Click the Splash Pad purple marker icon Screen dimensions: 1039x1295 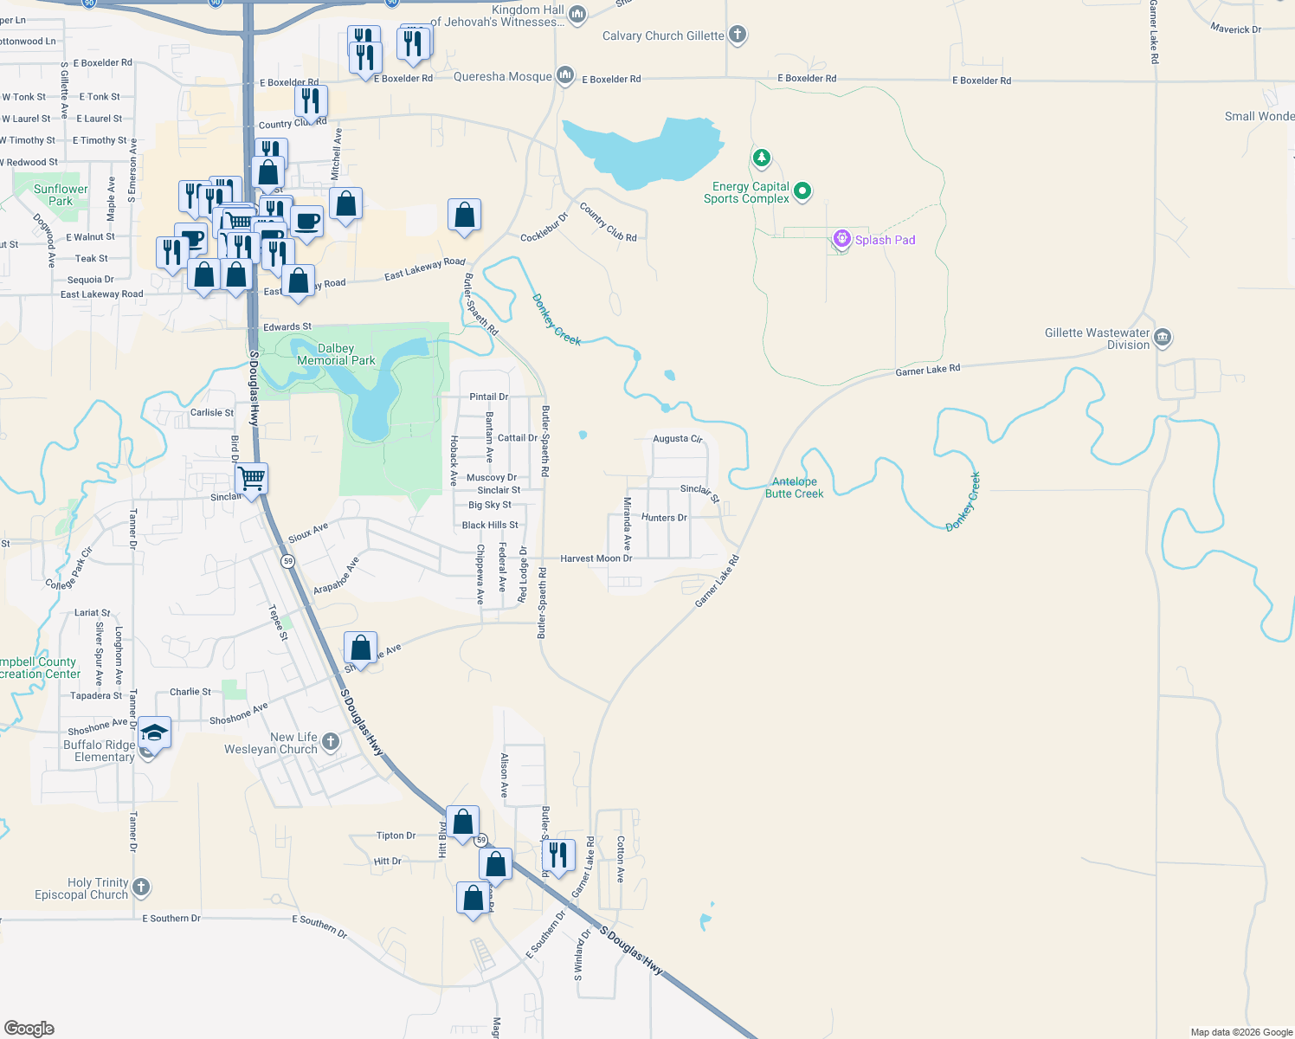[x=841, y=239]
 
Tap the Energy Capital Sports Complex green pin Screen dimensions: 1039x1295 [x=802, y=190]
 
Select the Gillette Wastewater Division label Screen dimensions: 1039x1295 [x=1098, y=339]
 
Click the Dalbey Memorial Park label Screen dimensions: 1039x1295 [x=336, y=354]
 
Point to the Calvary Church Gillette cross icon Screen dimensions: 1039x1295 [x=738, y=35]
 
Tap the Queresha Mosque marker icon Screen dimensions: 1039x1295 [x=565, y=76]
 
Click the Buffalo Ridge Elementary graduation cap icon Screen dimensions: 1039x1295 [x=154, y=732]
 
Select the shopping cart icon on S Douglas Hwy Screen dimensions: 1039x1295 [x=252, y=478]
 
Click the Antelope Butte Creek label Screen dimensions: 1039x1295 [x=794, y=487]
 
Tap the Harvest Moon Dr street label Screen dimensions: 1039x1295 [x=596, y=558]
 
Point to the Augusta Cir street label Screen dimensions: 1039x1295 [x=678, y=439]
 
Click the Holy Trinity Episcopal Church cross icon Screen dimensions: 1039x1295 [x=141, y=887]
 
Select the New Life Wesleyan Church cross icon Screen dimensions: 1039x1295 [x=331, y=742]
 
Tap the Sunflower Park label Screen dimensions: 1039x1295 [x=61, y=195]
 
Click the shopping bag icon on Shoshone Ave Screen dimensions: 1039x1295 [x=361, y=648]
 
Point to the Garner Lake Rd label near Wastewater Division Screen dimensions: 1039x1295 [x=927, y=371]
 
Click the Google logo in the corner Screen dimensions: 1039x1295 [x=29, y=1029]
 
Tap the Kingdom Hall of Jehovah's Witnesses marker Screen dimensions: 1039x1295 [x=577, y=14]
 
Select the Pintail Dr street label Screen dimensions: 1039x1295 [x=488, y=397]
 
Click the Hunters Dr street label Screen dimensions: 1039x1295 [x=664, y=518]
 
